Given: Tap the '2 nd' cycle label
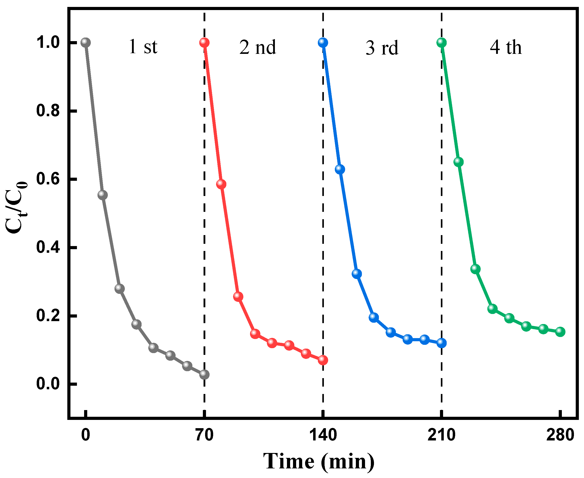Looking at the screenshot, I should coord(257,47).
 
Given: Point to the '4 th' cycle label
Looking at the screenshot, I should coord(505,47).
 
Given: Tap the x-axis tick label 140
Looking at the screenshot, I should coord(323,435).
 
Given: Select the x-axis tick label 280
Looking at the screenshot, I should coord(560,435).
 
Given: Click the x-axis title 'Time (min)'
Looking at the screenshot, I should coord(319,461).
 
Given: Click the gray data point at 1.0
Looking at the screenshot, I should coord(86,42).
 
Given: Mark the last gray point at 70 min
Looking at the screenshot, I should coord(204,374).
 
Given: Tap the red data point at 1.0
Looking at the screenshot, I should coord(204,42).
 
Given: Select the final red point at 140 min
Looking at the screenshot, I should coord(323,360).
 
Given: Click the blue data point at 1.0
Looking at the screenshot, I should coord(323,42).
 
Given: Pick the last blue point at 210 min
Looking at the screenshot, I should coord(441,343).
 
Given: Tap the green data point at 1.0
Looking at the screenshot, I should coord(441,42).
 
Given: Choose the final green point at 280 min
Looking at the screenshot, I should coord(560,332).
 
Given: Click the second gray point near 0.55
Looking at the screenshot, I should coord(102,195).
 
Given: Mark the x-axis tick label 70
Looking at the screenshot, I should coord(204,435).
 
